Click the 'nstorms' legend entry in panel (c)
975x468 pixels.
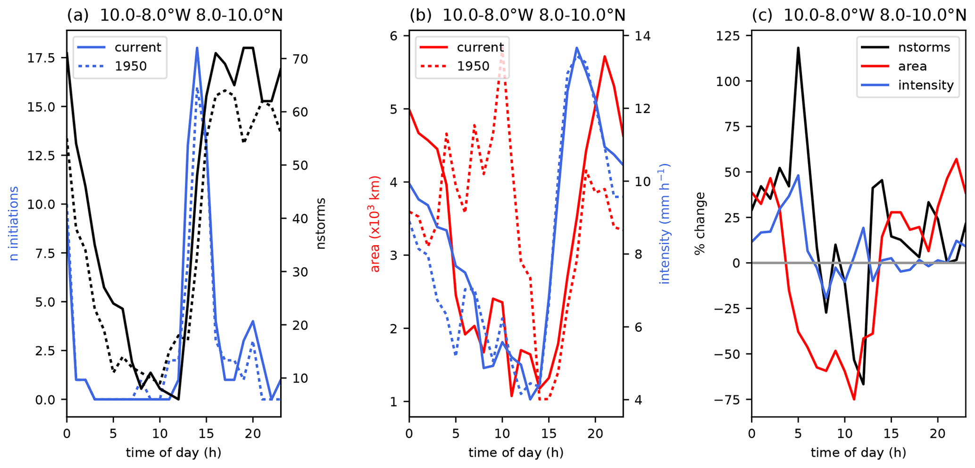(924, 47)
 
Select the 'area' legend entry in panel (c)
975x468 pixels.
(912, 66)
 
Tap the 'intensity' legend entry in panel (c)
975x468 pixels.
(925, 85)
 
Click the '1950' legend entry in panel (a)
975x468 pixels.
(131, 66)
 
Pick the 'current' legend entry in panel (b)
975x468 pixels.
(480, 47)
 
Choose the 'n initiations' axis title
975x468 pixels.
(14, 223)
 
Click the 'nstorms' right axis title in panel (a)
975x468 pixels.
(321, 223)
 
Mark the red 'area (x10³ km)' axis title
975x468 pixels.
(375, 223)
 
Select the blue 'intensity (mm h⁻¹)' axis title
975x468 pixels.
(664, 223)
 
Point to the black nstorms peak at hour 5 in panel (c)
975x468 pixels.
(798, 48)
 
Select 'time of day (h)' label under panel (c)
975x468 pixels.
(858, 453)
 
